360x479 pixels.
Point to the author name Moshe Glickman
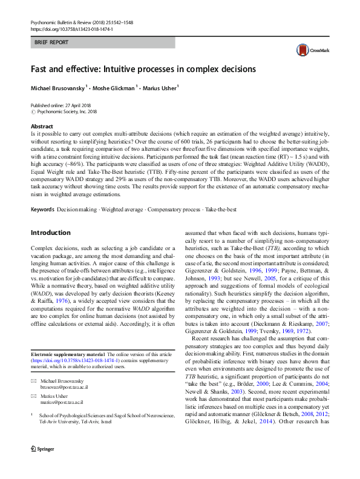(115, 88)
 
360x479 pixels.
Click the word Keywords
(42, 209)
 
